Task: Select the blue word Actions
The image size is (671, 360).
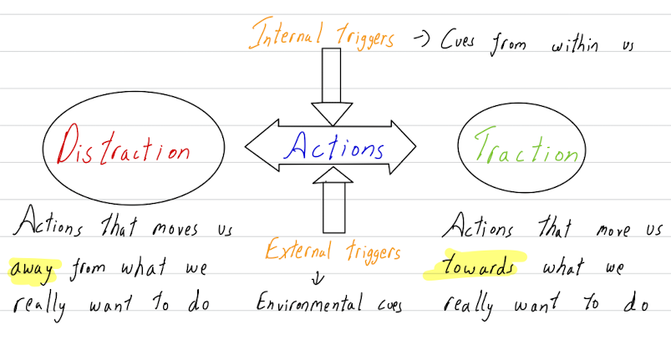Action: tap(333, 148)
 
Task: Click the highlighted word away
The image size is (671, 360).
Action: tap(31, 269)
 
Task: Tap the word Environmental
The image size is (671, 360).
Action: tap(309, 303)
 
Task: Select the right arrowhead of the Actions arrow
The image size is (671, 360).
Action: tap(403, 149)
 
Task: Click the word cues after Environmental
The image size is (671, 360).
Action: tap(385, 304)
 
